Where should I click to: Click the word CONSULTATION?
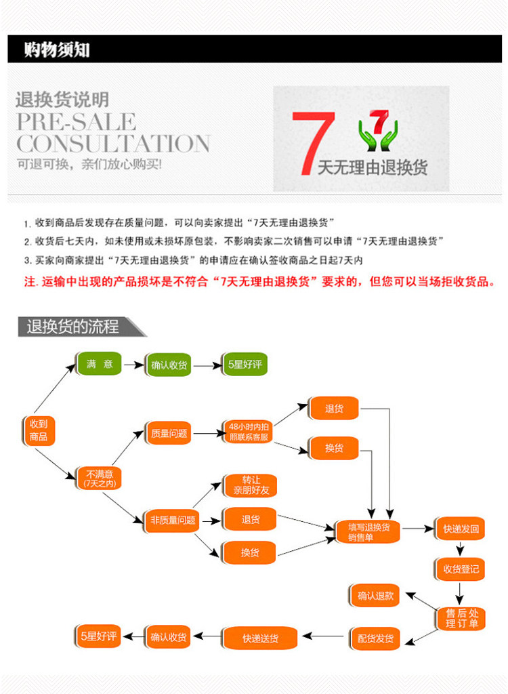[x=113, y=144]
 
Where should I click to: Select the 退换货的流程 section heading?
[x=73, y=327]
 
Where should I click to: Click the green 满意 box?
[x=100, y=364]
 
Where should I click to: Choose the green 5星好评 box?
[x=246, y=365]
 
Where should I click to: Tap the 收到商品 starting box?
[x=39, y=430]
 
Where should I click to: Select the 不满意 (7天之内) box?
[x=100, y=478]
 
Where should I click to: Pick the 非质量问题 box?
[x=173, y=520]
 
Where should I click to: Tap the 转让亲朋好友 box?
[x=250, y=485]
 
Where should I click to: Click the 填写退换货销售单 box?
[x=369, y=531]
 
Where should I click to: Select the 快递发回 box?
[x=461, y=529]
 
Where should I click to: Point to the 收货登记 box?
[x=461, y=569]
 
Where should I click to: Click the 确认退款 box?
[x=375, y=596]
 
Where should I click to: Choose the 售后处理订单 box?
[x=461, y=617]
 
